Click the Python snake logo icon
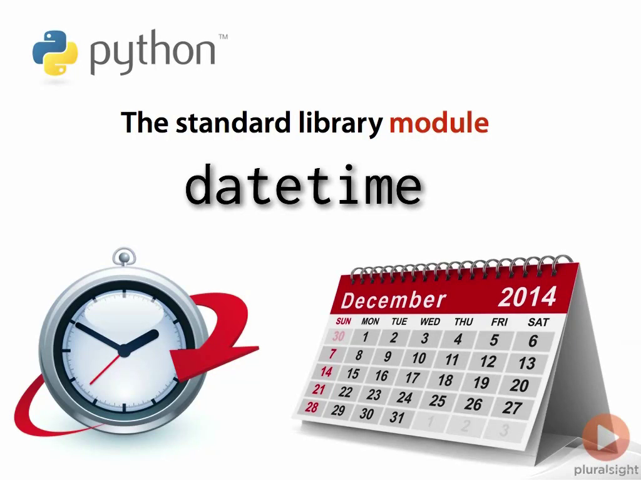point(55,52)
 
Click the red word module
point(439,122)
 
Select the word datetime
point(304,184)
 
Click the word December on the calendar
point(393,301)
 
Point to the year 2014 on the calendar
point(527,297)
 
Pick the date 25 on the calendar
point(437,401)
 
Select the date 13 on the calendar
point(527,363)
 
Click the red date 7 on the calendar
point(333,354)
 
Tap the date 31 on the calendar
point(397,417)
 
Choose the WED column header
point(430,322)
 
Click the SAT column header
point(538,322)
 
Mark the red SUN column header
point(344,321)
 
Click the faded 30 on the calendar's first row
point(339,336)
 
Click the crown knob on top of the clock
point(124,257)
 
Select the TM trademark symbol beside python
point(223,37)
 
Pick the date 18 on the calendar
point(445,381)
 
